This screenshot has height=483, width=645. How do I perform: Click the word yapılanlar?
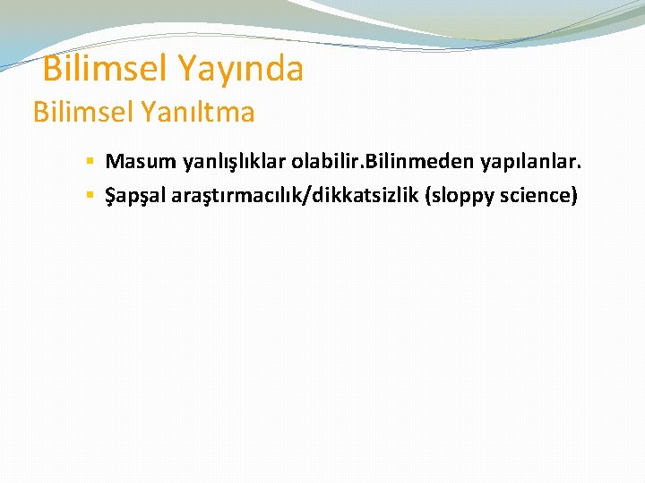(x=529, y=163)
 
